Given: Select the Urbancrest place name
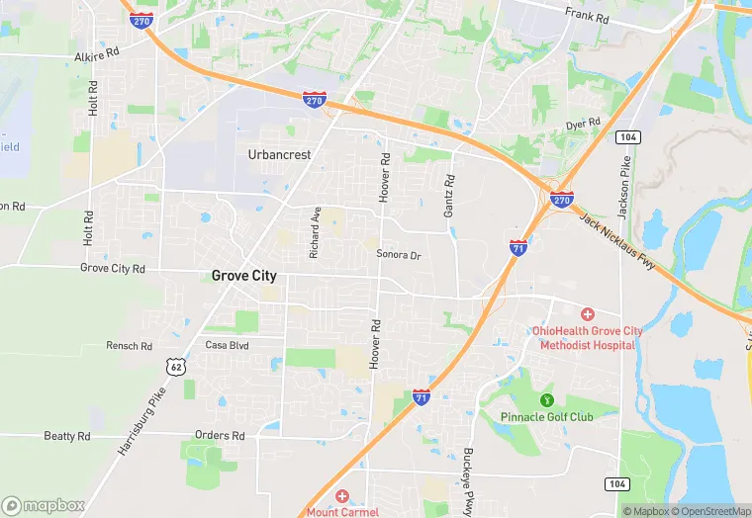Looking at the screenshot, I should point(279,155).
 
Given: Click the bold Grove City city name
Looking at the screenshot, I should point(244,277).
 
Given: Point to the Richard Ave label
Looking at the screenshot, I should point(315,232).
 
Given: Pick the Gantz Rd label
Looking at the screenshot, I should point(449,196).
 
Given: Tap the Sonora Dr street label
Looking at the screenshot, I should point(399,255).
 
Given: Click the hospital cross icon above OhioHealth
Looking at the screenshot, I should point(588,313).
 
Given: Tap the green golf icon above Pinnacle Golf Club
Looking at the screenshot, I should point(546,400).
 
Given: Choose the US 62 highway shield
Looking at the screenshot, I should point(177,366).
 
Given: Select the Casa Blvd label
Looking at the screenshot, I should point(226,345).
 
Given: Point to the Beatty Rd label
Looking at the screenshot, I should point(67,436).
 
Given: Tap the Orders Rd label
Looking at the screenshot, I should point(220,436).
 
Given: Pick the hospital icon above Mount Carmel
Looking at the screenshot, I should point(341,496).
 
